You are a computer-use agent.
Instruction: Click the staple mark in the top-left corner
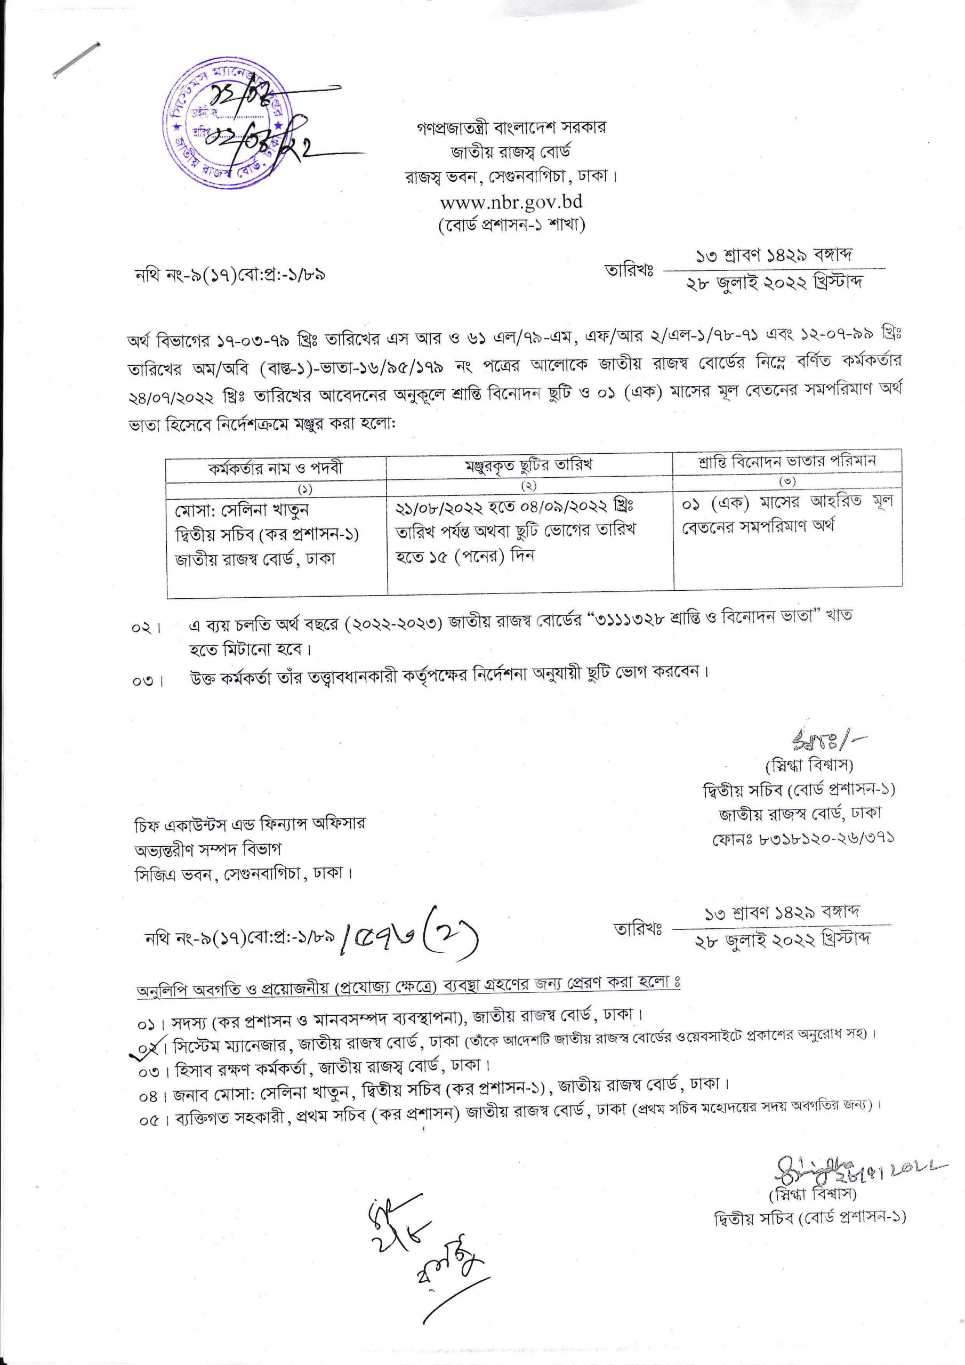click(76, 59)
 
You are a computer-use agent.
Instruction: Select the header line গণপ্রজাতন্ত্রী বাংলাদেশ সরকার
click(511, 127)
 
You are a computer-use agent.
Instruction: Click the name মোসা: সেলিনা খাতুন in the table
click(242, 510)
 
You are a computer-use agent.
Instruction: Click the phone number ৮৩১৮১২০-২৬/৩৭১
click(803, 838)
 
